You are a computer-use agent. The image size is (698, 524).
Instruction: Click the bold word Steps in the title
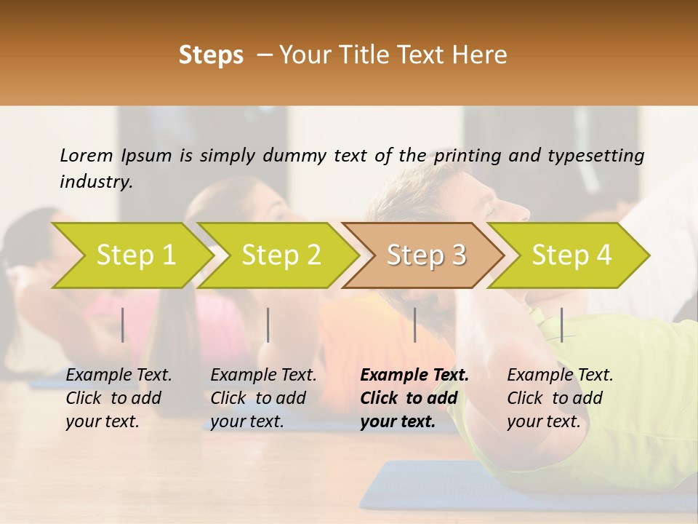pos(211,55)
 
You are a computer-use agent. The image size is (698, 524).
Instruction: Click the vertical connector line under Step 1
pos(123,325)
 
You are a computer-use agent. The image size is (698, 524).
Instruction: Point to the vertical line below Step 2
pos(268,325)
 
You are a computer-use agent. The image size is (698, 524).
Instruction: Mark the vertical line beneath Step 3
pos(414,325)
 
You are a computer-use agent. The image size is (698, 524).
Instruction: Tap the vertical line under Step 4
pos(561,325)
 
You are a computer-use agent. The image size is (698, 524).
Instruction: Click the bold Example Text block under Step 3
pos(414,398)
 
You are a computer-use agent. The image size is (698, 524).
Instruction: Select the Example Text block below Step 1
pos(119,398)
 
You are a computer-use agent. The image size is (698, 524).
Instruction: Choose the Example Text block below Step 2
pos(263,398)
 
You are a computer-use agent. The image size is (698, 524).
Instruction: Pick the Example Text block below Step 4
pos(560,398)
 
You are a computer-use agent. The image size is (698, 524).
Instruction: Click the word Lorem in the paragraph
pos(87,155)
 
